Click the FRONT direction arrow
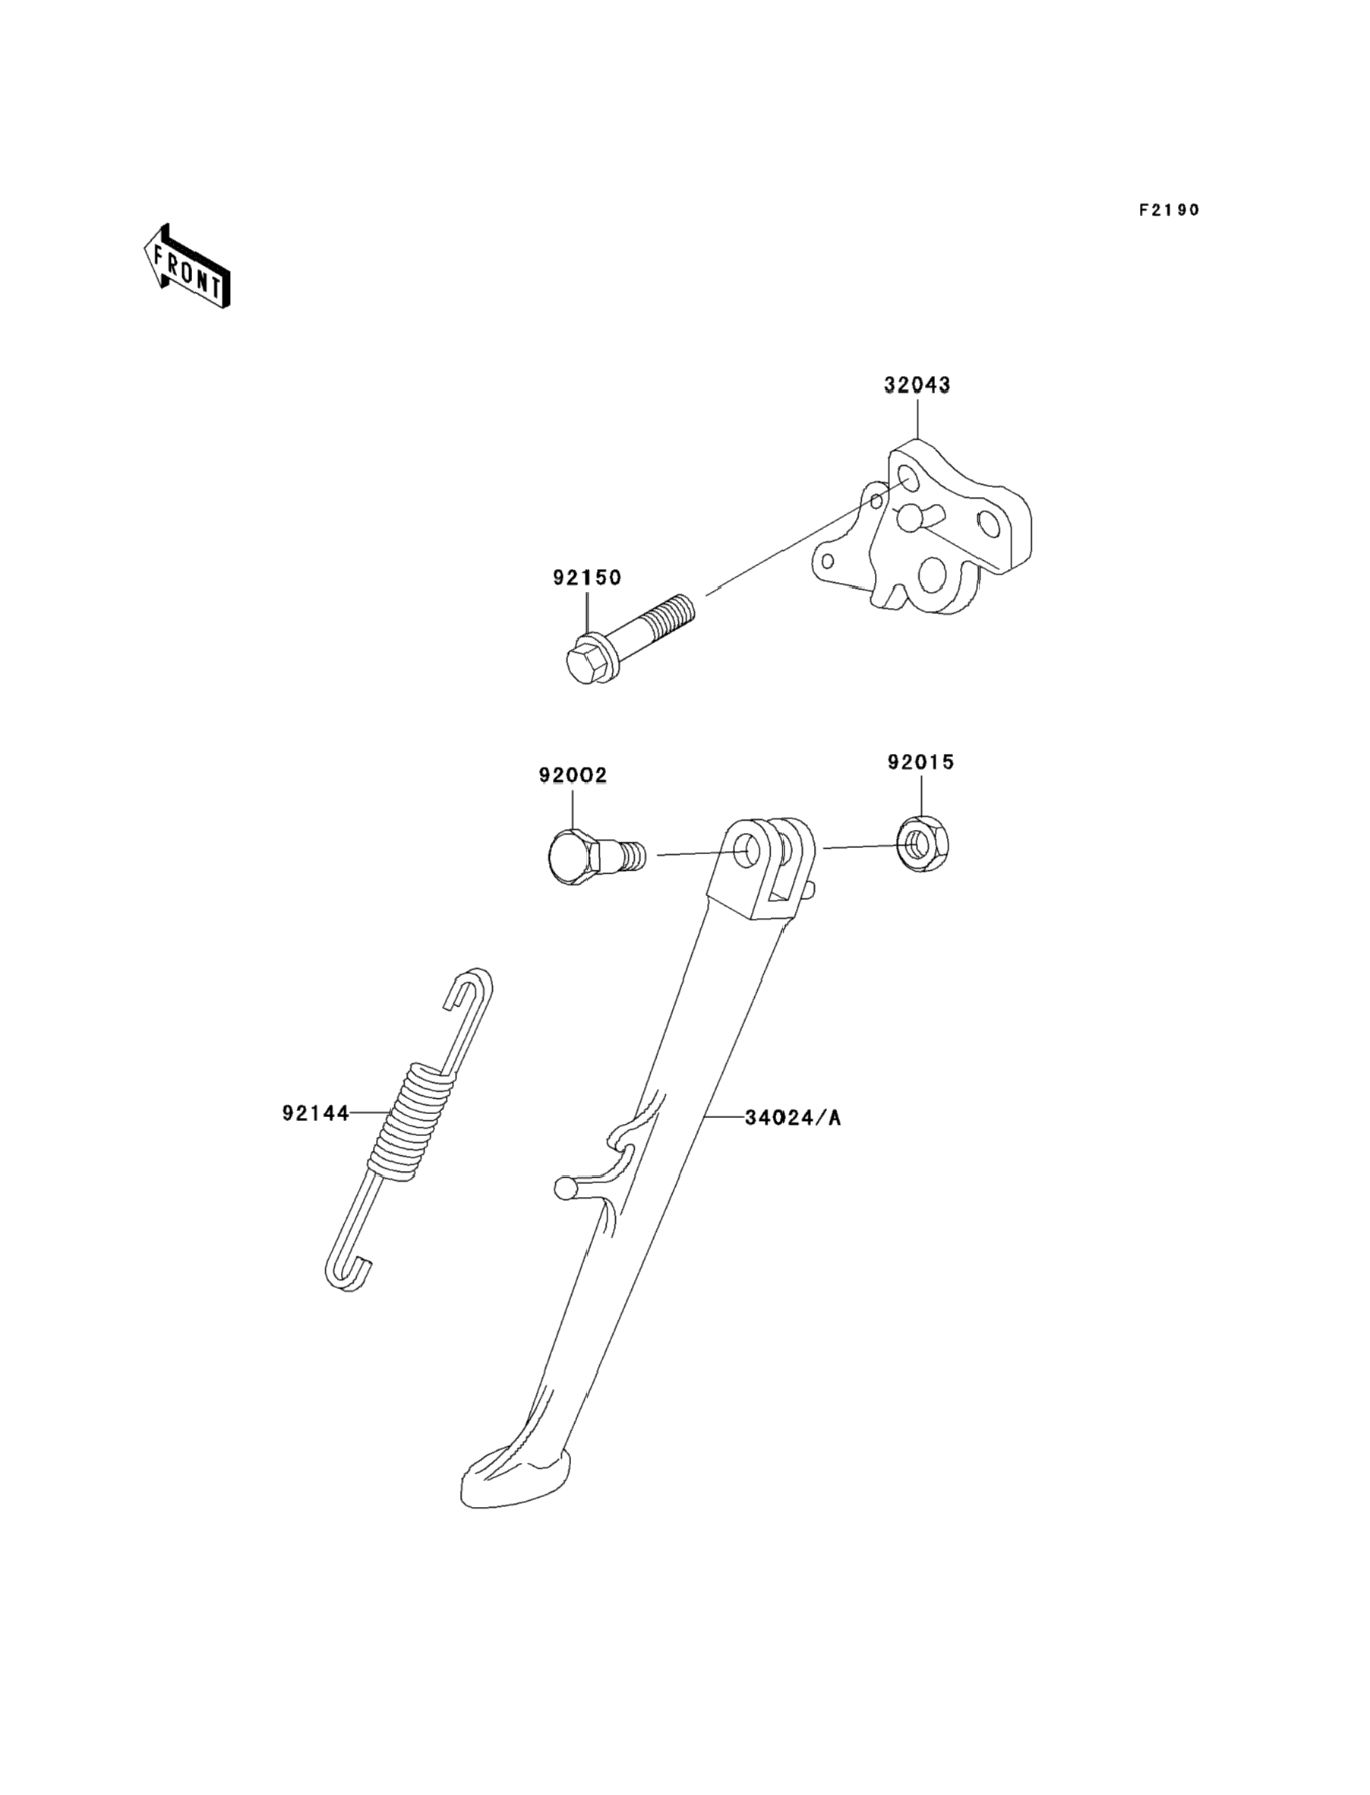[187, 267]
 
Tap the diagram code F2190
[1169, 211]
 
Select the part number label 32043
[917, 385]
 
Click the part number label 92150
[586, 578]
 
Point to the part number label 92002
[573, 775]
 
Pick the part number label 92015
[920, 762]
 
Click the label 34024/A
[793, 1118]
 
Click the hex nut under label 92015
[922, 846]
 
